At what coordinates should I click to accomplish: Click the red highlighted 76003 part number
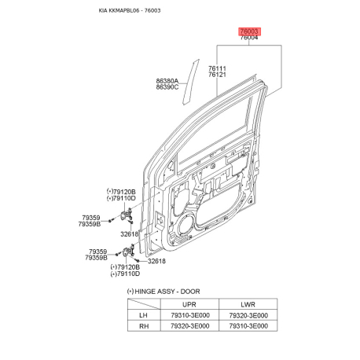click(249, 31)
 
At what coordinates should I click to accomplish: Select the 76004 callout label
click(249, 38)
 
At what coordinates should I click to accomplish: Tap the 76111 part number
click(217, 68)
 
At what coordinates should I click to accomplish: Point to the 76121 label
click(217, 75)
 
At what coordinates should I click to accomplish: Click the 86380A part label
click(167, 81)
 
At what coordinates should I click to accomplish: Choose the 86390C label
click(167, 87)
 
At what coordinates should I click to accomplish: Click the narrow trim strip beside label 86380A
click(191, 82)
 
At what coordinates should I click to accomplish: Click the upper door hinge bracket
click(127, 215)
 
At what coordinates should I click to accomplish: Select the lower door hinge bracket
click(128, 252)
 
